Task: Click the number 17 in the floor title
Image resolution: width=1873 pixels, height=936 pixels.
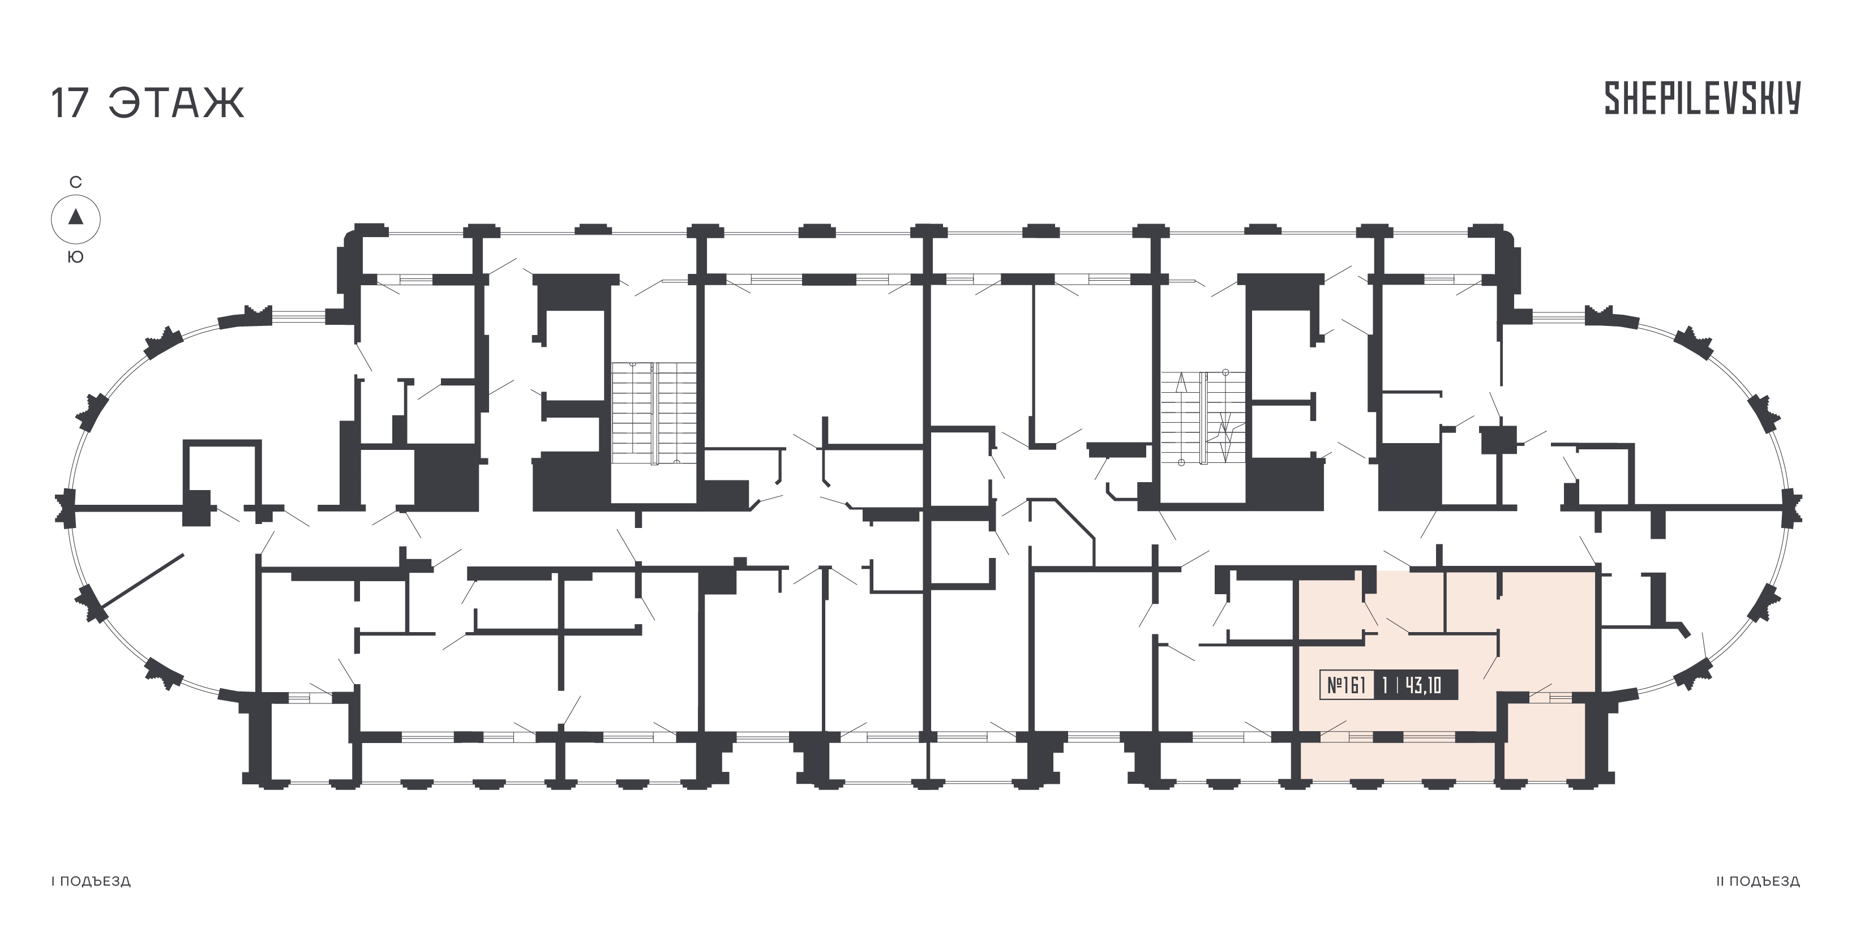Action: (x=70, y=103)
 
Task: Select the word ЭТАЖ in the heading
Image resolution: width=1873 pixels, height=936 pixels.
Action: (x=177, y=103)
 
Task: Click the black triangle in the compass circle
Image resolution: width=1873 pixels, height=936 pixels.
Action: (x=76, y=217)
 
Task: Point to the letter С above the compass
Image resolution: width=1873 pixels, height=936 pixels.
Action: (x=76, y=182)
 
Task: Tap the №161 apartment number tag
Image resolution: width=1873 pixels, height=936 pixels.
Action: (x=1347, y=685)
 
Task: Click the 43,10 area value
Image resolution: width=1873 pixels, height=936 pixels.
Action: (x=1424, y=685)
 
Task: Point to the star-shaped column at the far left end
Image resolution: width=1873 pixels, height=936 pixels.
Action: (x=66, y=507)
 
